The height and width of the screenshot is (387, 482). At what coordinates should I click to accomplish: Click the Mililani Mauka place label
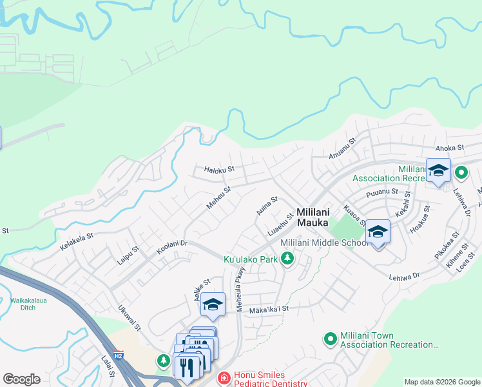[322, 216]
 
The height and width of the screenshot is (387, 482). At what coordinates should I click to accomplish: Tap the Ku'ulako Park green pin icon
[287, 259]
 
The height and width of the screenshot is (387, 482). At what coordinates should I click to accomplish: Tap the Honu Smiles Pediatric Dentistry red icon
[223, 378]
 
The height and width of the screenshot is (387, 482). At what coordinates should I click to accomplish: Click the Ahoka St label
[450, 148]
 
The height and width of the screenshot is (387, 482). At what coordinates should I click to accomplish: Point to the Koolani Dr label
[171, 247]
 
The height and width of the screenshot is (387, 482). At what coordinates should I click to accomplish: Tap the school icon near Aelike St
[213, 304]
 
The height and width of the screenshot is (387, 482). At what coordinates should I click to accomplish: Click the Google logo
[21, 379]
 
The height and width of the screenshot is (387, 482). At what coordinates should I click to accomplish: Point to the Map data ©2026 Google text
[442, 381]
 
